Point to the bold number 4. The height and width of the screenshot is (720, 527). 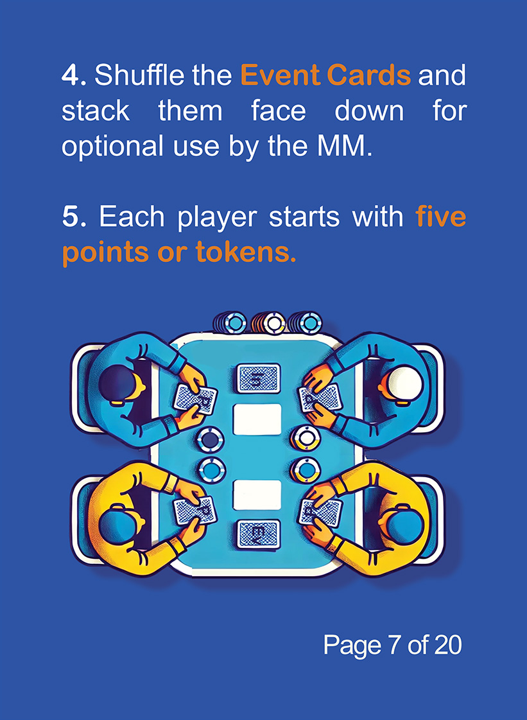pyautogui.click(x=74, y=76)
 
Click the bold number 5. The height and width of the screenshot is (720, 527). pyautogui.click(x=74, y=217)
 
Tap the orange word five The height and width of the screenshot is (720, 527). pyautogui.click(x=440, y=217)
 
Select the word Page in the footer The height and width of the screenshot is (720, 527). pyautogui.click(x=352, y=645)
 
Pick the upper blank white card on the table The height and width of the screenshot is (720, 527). pyautogui.click(x=257, y=420)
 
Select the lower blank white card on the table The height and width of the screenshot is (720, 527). pyautogui.click(x=257, y=495)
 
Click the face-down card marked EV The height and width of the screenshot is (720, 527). pyautogui.click(x=258, y=534)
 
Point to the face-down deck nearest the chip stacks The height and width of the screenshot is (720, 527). pyautogui.click(x=258, y=378)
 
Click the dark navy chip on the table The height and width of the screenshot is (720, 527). pyautogui.click(x=211, y=440)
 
